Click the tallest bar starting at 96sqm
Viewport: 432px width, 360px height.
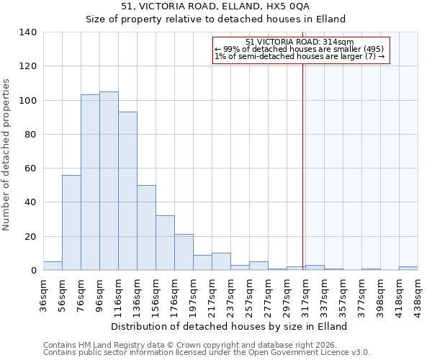(109, 181)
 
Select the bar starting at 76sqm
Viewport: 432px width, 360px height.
(90, 182)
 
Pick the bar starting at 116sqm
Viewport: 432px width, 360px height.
(127, 191)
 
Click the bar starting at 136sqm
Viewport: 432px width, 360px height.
(146, 228)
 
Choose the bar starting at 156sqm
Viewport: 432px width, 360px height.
(165, 243)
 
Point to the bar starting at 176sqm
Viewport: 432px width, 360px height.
(184, 252)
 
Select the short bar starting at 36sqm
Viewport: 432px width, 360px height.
(53, 266)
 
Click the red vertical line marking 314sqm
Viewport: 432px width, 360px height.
(303, 158)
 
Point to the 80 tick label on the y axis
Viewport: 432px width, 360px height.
(30, 135)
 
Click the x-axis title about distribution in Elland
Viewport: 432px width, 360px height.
(230, 326)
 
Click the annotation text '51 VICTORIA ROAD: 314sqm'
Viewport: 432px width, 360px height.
(300, 42)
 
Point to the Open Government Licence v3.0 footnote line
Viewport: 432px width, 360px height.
(207, 353)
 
